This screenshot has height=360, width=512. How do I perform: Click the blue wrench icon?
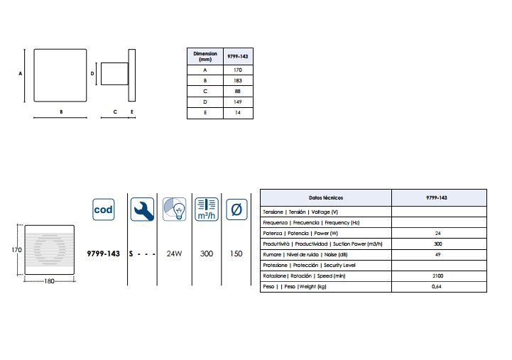142,209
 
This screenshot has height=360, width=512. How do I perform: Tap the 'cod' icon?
104,209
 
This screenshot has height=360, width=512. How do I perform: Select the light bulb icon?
175,209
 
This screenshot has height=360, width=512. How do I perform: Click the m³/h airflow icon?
207,209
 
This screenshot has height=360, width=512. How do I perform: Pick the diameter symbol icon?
236,209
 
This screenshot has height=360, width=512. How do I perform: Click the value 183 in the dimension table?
238,81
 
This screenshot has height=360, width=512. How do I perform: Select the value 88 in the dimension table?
238,92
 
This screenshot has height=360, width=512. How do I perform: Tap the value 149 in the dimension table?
238,102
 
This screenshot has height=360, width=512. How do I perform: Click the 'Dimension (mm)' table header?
205,57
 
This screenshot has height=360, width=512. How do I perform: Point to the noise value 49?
438,255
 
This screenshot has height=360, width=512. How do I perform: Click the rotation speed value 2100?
438,276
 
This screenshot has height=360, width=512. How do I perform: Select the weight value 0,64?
437,287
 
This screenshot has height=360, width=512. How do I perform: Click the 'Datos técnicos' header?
326,198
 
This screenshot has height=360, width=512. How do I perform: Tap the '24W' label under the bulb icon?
174,253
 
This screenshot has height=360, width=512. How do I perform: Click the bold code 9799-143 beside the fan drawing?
103,253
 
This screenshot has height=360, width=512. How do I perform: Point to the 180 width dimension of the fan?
49,281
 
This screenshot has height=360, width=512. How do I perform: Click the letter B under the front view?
61,112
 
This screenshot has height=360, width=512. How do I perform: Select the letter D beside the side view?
92,74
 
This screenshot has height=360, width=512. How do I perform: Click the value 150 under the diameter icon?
236,253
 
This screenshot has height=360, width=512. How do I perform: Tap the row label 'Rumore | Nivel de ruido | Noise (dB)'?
305,255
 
